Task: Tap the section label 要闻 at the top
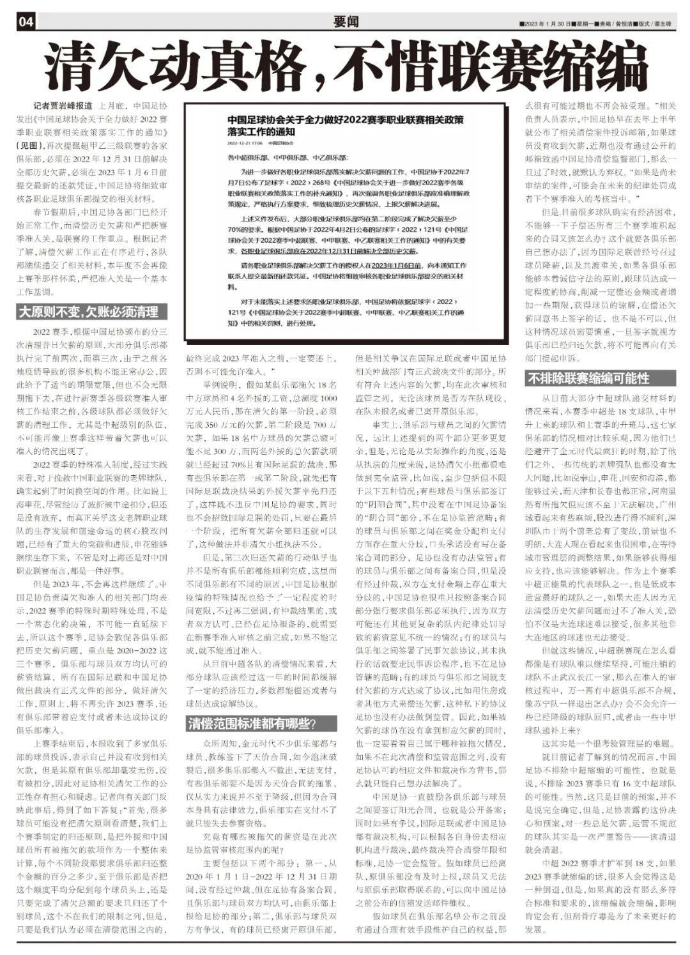346,22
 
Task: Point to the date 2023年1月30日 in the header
545,24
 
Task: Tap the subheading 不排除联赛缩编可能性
588,378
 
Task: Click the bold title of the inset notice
345,125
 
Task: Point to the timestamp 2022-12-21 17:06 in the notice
243,144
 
